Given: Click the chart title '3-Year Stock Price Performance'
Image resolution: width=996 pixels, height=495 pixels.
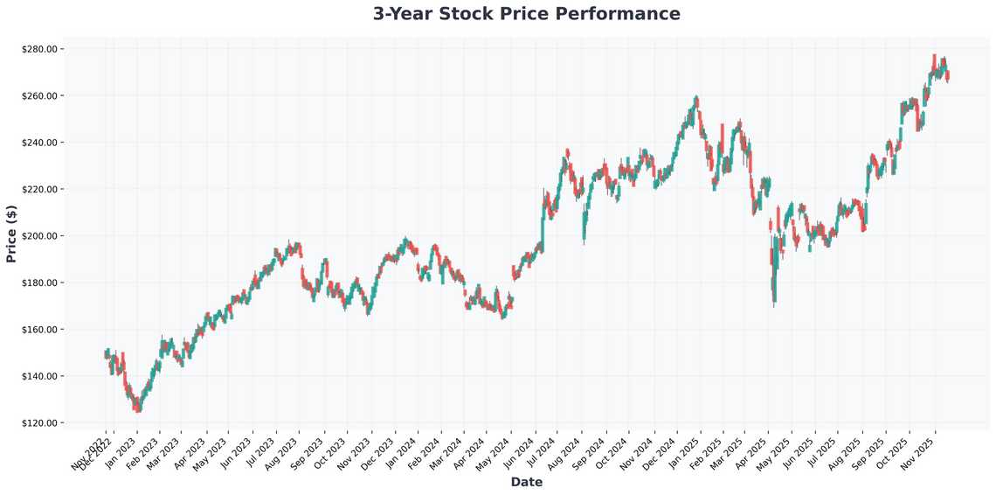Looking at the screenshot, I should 526,14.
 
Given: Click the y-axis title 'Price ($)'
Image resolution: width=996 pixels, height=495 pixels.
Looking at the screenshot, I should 11,235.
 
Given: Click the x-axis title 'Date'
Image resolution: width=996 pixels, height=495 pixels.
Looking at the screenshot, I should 526,482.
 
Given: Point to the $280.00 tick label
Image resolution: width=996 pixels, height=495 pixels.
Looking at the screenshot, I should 39,49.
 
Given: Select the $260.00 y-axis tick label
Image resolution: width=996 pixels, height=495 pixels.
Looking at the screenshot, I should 39,95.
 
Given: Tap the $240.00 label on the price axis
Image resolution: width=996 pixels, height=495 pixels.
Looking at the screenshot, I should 39,143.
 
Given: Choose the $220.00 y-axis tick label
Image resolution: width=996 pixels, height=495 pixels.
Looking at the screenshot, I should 39,189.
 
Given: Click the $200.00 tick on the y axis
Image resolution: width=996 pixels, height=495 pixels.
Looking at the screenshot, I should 39,236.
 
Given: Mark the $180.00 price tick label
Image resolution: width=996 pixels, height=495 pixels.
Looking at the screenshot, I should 39,282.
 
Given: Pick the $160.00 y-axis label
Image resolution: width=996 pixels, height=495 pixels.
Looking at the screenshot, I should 39,330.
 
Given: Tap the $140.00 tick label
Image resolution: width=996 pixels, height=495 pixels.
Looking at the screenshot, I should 39,376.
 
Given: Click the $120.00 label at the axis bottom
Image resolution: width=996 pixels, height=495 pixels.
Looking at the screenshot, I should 39,423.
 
